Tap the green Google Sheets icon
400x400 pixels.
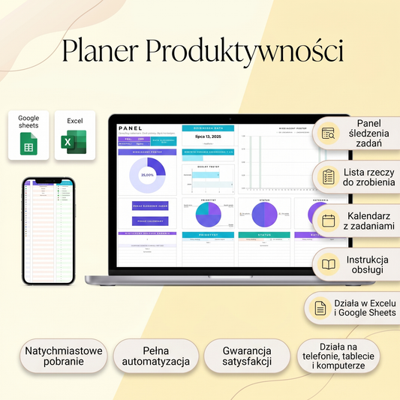(x=29, y=143)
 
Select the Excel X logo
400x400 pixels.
(x=75, y=142)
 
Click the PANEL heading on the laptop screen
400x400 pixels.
(x=130, y=128)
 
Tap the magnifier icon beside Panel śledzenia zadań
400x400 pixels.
(x=328, y=133)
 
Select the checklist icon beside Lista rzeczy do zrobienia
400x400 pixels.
(x=328, y=177)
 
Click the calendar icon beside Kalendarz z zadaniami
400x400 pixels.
(x=328, y=221)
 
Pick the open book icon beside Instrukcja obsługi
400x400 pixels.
(x=328, y=264)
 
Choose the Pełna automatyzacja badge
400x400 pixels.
(x=156, y=356)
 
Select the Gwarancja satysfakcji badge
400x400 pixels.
(x=246, y=356)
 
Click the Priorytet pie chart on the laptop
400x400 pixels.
(x=209, y=215)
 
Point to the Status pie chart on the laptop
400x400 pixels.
(x=265, y=215)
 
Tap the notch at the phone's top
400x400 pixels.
(x=49, y=181)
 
